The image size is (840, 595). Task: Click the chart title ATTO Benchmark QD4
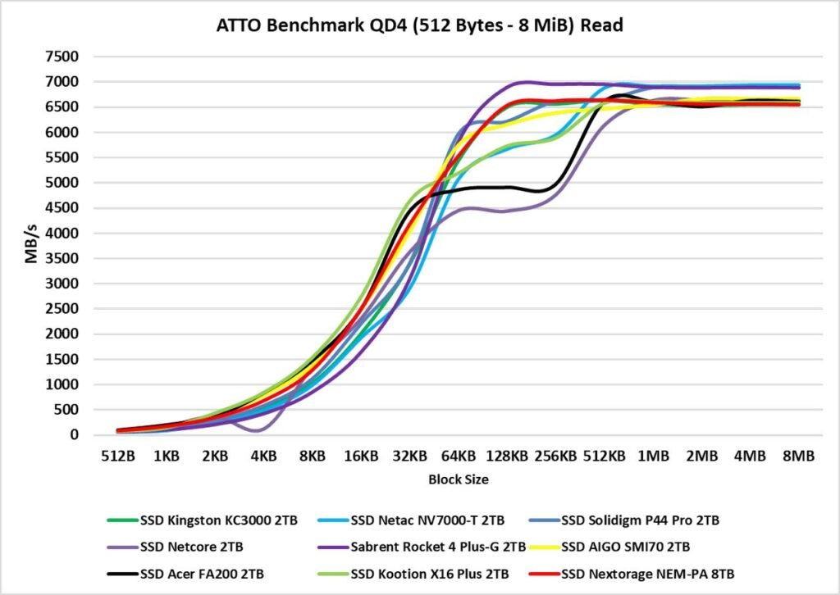[419, 25]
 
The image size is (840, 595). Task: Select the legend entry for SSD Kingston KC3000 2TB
[214, 520]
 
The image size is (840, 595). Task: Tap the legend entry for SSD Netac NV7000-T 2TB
[427, 520]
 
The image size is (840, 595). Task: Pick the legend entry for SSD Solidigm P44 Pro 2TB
[641, 520]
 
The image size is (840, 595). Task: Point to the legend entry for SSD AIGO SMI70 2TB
[628, 545]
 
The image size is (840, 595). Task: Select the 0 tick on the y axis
[75, 435]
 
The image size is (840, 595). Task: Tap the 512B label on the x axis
[118, 456]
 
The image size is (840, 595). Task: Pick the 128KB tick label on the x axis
[507, 456]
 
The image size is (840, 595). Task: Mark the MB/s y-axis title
[30, 246]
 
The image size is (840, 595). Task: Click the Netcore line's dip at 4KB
[261, 430]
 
